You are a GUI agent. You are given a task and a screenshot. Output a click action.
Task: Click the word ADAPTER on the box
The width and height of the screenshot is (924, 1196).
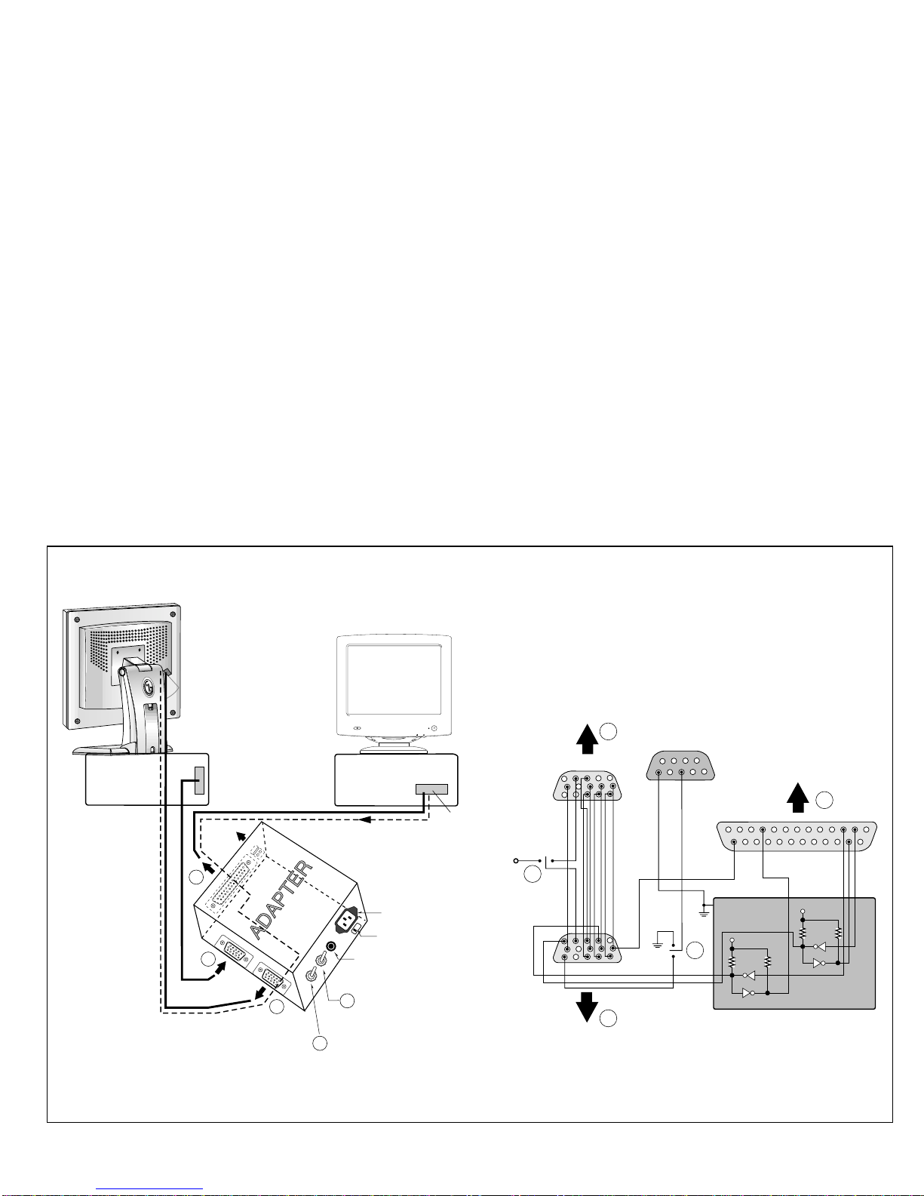point(281,899)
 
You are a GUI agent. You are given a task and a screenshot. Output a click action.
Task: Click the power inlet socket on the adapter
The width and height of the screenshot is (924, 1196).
point(347,920)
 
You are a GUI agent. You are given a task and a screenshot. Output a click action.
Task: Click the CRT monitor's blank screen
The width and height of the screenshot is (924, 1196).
point(394,679)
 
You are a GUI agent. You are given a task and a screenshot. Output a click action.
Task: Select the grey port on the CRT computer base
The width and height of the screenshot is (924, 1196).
point(431,789)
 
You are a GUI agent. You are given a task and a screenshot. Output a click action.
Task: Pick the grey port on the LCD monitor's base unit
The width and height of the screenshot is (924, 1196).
point(199,780)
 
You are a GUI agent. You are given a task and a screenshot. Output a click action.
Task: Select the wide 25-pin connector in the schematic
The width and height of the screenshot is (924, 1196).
point(797,835)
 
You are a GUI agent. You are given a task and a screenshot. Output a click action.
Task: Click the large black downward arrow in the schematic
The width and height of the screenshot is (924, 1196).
point(587,1006)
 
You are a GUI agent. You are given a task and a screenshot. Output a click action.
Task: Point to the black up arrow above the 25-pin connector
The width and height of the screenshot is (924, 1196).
point(797,798)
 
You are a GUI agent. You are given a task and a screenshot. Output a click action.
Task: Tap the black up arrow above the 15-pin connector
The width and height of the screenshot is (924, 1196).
point(587,739)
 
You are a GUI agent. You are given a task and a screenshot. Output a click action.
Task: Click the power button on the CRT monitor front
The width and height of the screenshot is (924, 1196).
point(434,728)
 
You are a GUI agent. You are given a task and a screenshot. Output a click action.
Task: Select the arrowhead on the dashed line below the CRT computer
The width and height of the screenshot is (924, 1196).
point(364,819)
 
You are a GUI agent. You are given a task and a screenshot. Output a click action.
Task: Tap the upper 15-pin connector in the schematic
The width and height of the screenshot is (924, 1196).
point(588,786)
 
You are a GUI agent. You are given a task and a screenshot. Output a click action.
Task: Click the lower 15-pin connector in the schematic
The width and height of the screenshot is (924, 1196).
point(588,948)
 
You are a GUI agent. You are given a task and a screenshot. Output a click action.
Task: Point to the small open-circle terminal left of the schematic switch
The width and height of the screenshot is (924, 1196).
point(516,861)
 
